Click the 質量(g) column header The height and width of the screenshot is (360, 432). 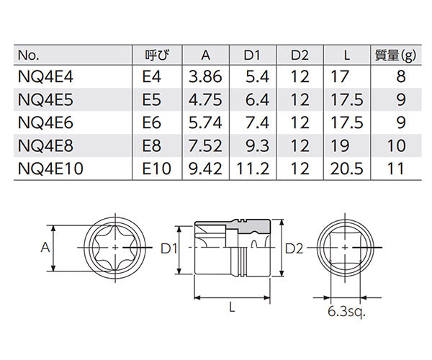396,53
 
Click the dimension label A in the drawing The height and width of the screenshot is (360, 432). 44,247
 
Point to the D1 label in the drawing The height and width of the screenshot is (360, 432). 169,249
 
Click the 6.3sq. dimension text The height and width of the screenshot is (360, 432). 347,312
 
